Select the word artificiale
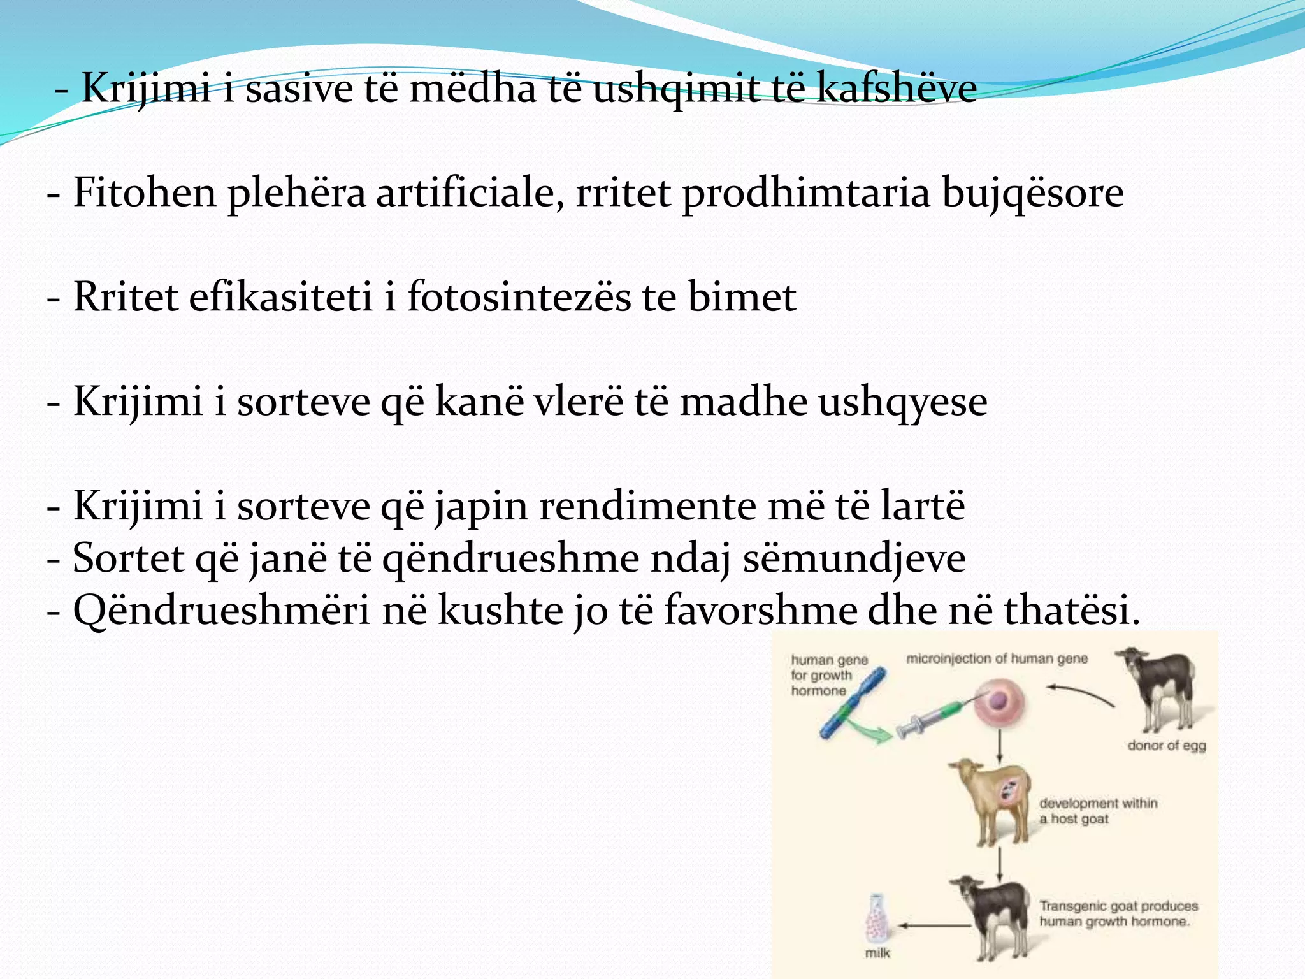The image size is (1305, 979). [470, 192]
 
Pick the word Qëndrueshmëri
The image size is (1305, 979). [221, 611]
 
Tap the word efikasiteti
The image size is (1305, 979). [280, 297]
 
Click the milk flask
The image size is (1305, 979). [877, 918]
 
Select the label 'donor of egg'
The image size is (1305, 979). [1166, 745]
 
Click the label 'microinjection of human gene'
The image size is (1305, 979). [997, 658]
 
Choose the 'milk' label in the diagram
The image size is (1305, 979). [877, 953]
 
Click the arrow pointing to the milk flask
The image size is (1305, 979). [930, 925]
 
